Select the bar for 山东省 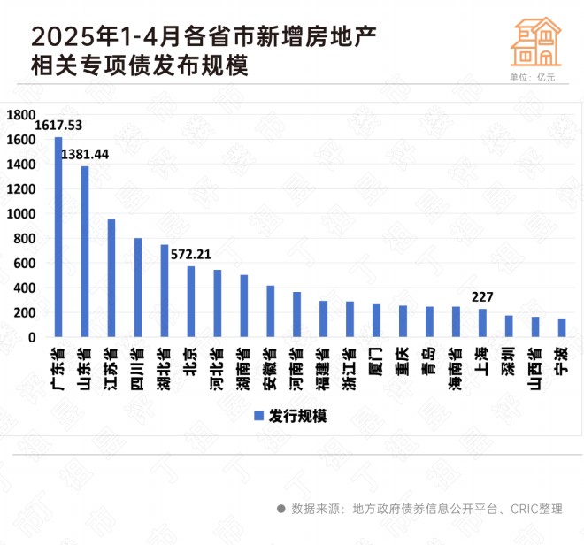point(85,251)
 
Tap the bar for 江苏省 point(111,278)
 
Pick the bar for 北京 point(190,302)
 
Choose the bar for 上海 point(482,323)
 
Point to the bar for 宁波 point(562,327)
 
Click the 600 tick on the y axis point(25,264)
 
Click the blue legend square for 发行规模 point(259,416)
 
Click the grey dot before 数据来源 point(281,509)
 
